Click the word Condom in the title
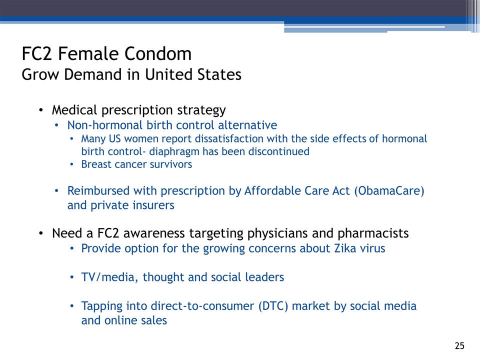[157, 53]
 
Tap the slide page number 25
[459, 345]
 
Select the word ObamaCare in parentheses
[389, 191]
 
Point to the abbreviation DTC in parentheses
[273, 306]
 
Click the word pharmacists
[373, 233]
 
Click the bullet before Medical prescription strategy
[41, 110]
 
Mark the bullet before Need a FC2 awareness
[41, 233]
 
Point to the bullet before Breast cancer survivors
[71, 164]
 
